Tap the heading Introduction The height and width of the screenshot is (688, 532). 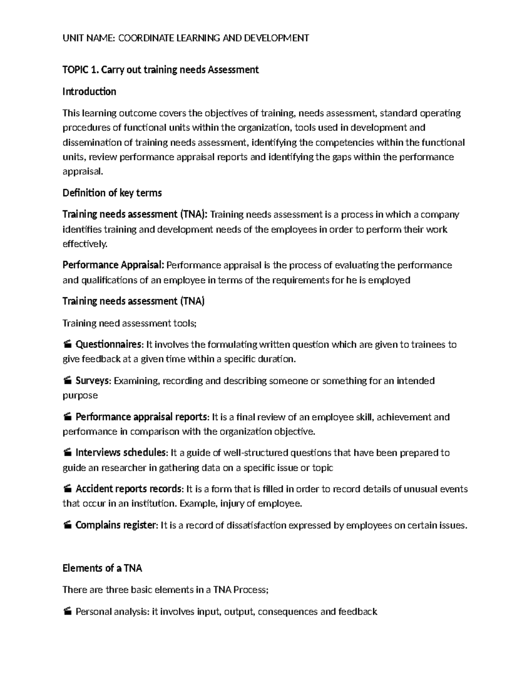click(x=89, y=92)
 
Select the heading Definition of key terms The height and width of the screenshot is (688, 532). click(x=112, y=193)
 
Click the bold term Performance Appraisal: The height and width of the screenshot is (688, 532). click(x=113, y=265)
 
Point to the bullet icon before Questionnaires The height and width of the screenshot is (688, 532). click(x=67, y=345)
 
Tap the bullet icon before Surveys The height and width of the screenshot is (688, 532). click(x=67, y=381)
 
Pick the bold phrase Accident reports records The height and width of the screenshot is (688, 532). click(x=129, y=489)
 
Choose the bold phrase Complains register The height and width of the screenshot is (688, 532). click(x=116, y=525)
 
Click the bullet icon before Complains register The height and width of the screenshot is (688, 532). click(x=67, y=525)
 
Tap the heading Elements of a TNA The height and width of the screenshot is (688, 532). click(x=102, y=568)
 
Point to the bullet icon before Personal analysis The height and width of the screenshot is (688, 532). click(x=67, y=612)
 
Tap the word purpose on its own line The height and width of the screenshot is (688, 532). click(x=80, y=395)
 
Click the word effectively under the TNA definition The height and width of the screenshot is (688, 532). click(x=84, y=244)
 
